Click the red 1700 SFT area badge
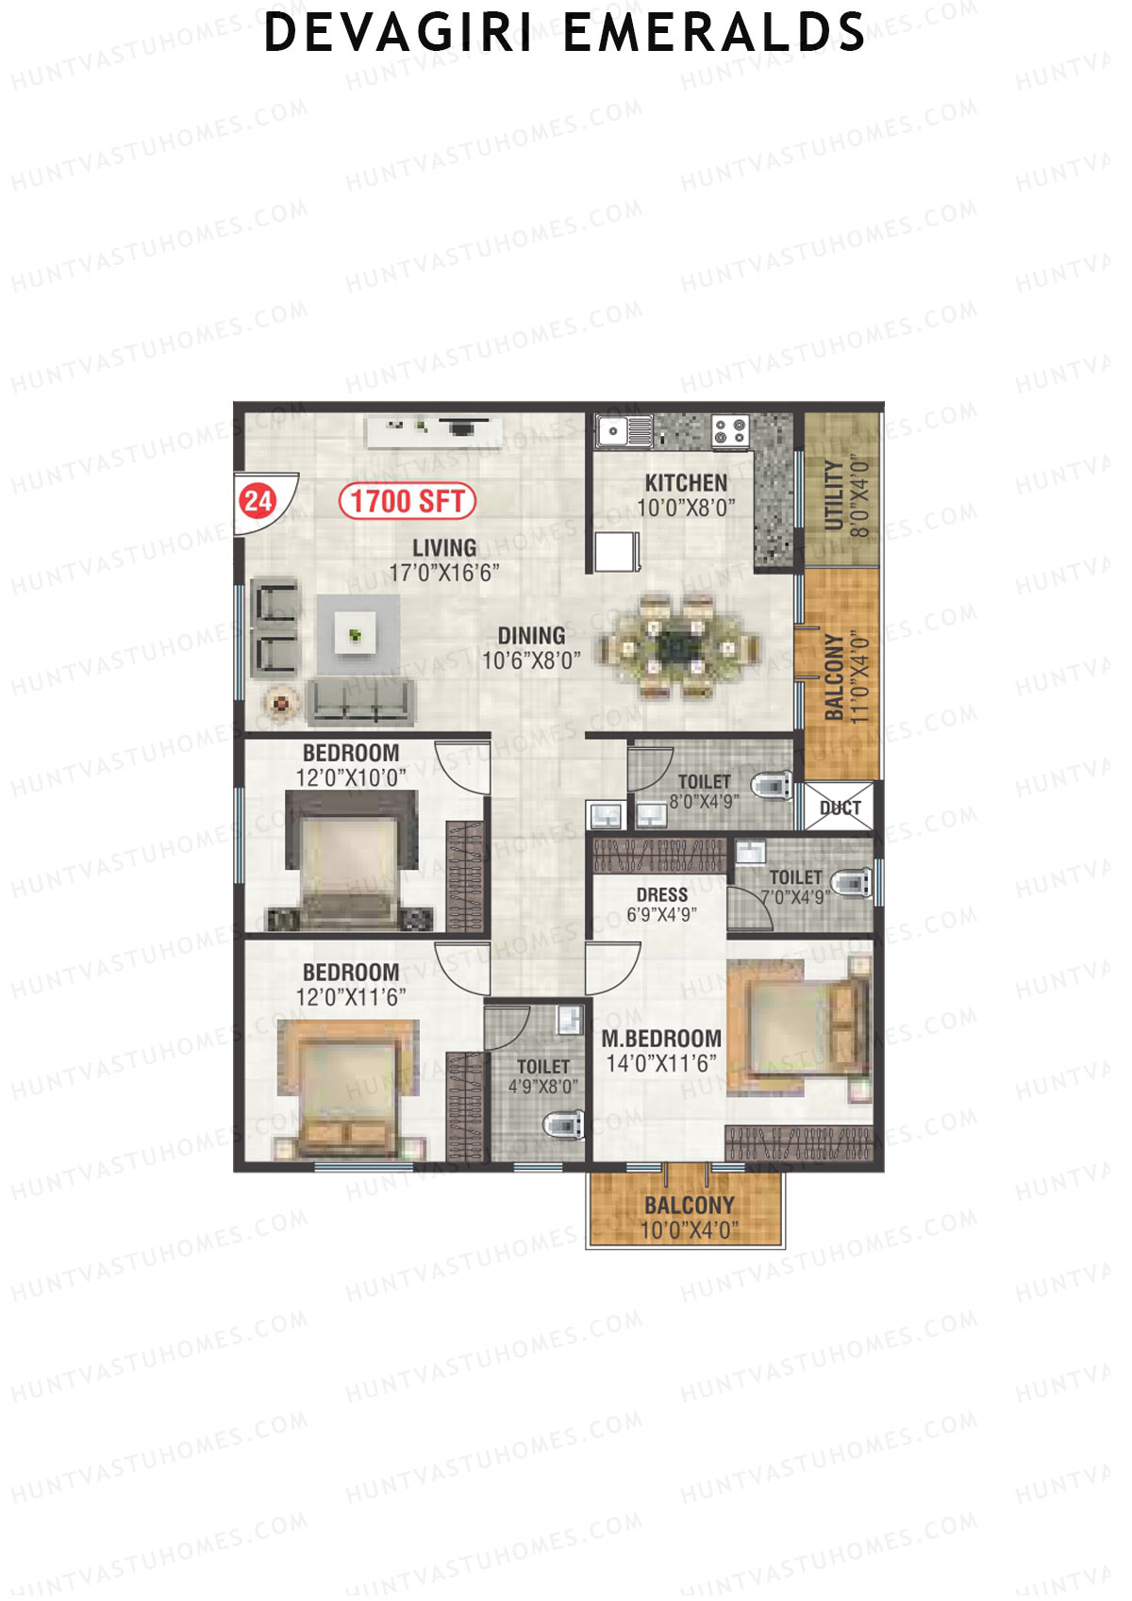407,501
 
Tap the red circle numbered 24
258,500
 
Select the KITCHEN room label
686,482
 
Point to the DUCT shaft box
840,808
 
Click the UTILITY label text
835,496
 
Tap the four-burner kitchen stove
730,430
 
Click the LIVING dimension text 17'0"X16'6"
443,573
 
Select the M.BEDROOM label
661,1039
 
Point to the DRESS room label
661,894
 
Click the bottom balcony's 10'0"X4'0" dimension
689,1230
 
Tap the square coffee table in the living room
355,635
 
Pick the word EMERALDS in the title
714,33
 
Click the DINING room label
531,636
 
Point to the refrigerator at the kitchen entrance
617,552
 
